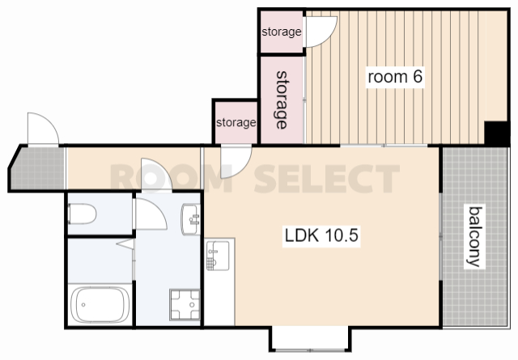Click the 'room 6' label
395,77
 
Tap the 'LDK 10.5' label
321,235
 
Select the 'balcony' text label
475,236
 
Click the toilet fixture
82,214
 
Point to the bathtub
100,305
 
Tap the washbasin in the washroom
191,219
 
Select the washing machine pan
185,304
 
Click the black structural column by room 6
496,133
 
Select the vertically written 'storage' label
282,100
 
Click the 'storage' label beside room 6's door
282,32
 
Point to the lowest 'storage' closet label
236,122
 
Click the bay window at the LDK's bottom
310,339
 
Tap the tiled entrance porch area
37,167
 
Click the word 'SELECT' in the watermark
327,179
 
